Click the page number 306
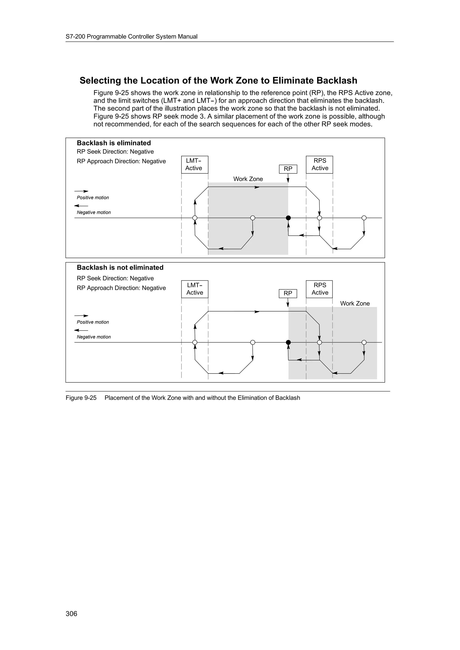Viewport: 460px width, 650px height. [x=71, y=613]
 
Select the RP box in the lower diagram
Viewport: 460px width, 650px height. [x=288, y=293]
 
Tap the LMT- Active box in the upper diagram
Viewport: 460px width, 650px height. [x=195, y=164]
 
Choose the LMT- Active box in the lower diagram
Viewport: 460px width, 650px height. [x=195, y=289]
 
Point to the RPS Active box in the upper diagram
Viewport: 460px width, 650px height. [x=319, y=164]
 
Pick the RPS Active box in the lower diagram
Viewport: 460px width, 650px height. [x=319, y=289]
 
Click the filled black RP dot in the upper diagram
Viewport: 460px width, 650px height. [x=288, y=218]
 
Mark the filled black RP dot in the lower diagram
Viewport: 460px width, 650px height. [x=288, y=342]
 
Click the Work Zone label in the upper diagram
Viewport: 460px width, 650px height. [x=248, y=179]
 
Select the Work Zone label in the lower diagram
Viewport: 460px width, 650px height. [x=355, y=303]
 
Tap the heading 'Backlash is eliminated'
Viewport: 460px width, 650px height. [x=114, y=143]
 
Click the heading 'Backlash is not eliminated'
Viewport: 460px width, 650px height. [x=120, y=268]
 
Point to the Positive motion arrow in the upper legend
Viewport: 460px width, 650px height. [x=81, y=191]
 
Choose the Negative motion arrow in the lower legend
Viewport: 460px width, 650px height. [x=81, y=330]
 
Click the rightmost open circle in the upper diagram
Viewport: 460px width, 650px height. [x=364, y=218]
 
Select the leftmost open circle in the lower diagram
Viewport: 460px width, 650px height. [x=195, y=342]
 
